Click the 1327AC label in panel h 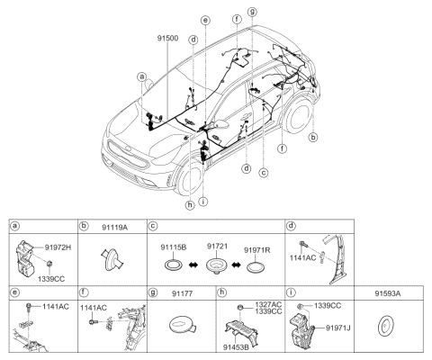[266, 305]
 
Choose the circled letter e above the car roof [205, 20]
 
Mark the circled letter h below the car [189, 203]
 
